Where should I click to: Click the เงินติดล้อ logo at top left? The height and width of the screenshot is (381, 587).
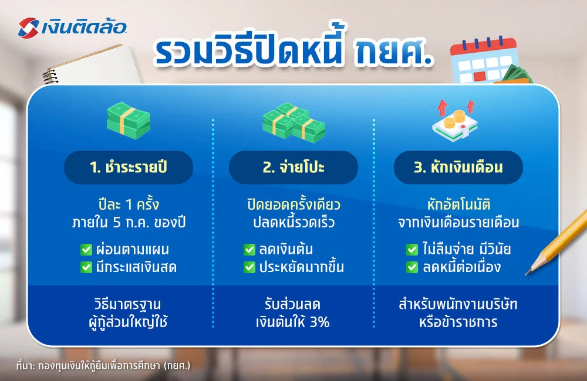72,26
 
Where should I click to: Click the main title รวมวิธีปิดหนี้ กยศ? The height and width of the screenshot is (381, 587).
293,54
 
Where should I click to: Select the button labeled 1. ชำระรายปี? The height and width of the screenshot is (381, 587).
129,168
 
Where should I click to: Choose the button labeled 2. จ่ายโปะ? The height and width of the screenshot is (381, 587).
293,168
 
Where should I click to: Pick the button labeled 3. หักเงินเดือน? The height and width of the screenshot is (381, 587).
458,168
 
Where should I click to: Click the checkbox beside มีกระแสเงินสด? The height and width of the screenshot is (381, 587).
86,267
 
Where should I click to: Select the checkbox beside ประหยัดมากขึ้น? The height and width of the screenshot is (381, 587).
249,267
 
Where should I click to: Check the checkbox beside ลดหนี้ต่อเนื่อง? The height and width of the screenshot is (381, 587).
412,267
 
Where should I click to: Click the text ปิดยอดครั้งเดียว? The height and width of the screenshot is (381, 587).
293,206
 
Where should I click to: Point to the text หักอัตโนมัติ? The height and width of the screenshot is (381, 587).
458,206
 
